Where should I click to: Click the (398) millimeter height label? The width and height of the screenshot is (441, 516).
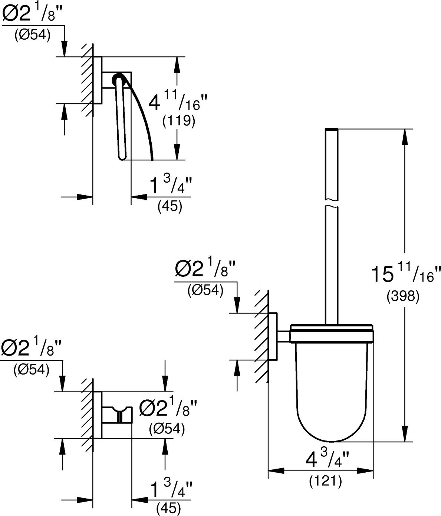403,297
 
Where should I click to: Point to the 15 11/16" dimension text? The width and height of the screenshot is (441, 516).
406,274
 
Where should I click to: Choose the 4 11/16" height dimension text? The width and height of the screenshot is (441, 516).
178,101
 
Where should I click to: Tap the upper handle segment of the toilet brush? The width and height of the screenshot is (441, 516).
332,164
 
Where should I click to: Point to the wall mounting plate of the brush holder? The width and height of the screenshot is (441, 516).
273,336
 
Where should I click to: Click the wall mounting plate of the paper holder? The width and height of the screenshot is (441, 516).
98,80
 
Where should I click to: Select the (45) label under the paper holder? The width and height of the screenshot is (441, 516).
170,207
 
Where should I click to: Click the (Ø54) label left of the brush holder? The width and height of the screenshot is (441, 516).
205,290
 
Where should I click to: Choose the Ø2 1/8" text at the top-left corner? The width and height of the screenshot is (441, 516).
32,14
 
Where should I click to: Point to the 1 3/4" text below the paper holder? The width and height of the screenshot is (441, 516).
171,185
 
